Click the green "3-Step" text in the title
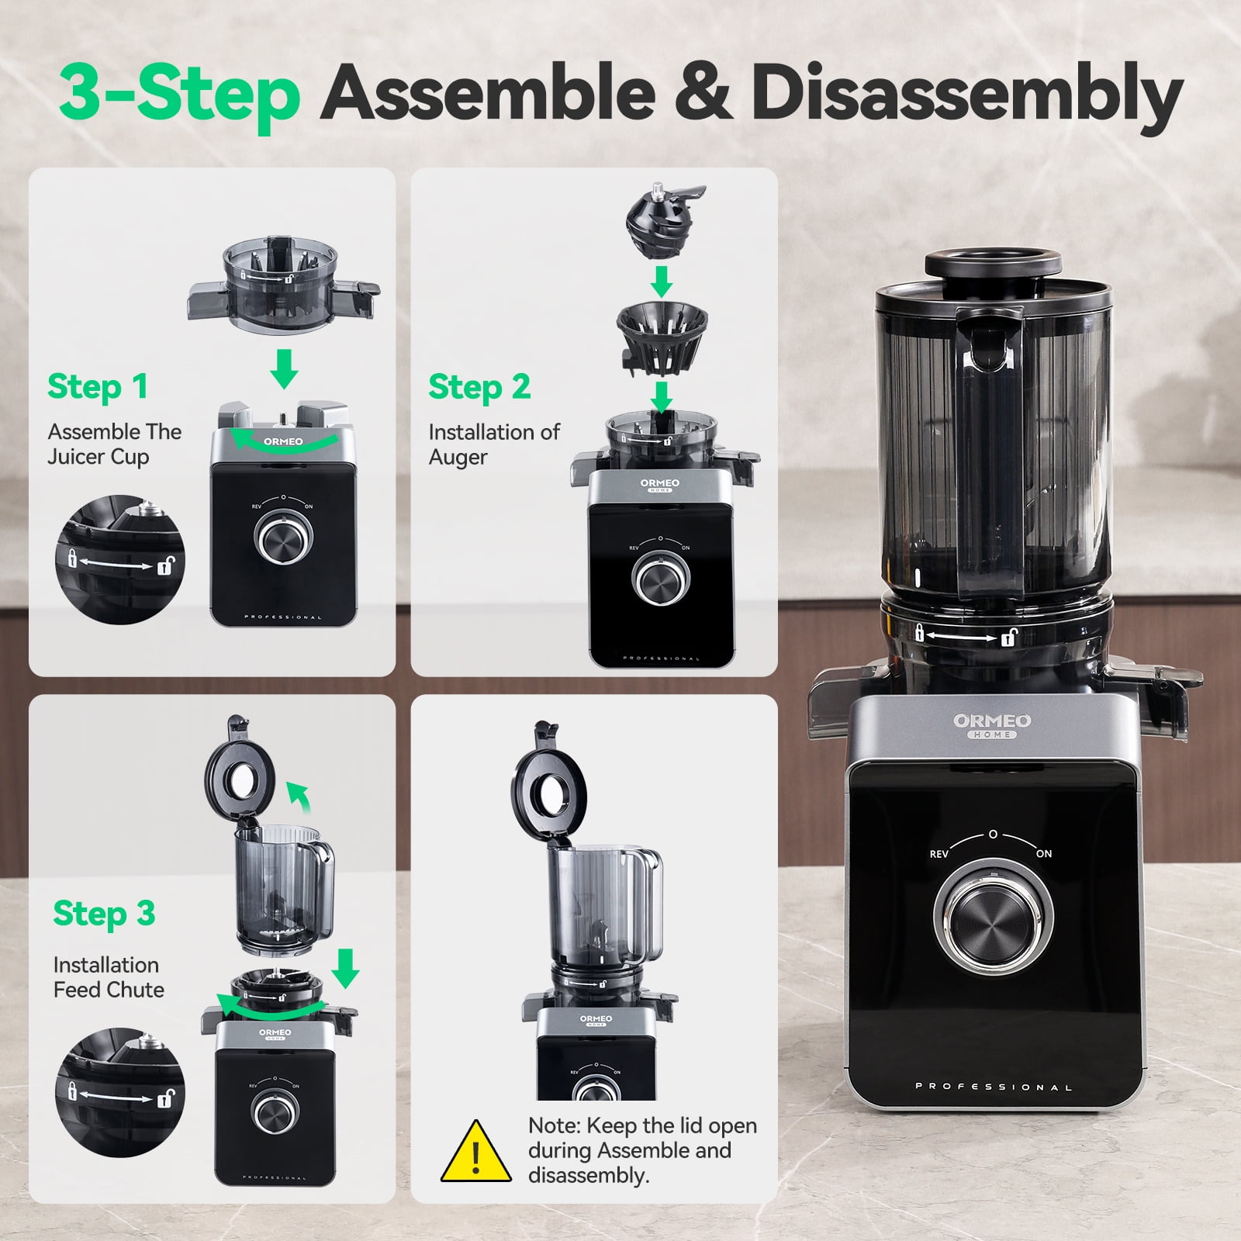pos(180,94)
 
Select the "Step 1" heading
pos(98,386)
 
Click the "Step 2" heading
pos(479,386)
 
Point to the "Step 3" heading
pos(104,914)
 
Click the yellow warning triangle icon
pos(476,1152)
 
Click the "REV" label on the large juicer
pos(939,854)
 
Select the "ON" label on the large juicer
pos(1044,853)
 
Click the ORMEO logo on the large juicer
pos(992,725)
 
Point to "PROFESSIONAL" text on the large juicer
pos(994,1087)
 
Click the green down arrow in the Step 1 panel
pos(285,368)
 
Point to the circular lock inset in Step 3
pos(120,1093)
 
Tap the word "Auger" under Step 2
pos(458,458)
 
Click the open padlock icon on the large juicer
pos(1009,638)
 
